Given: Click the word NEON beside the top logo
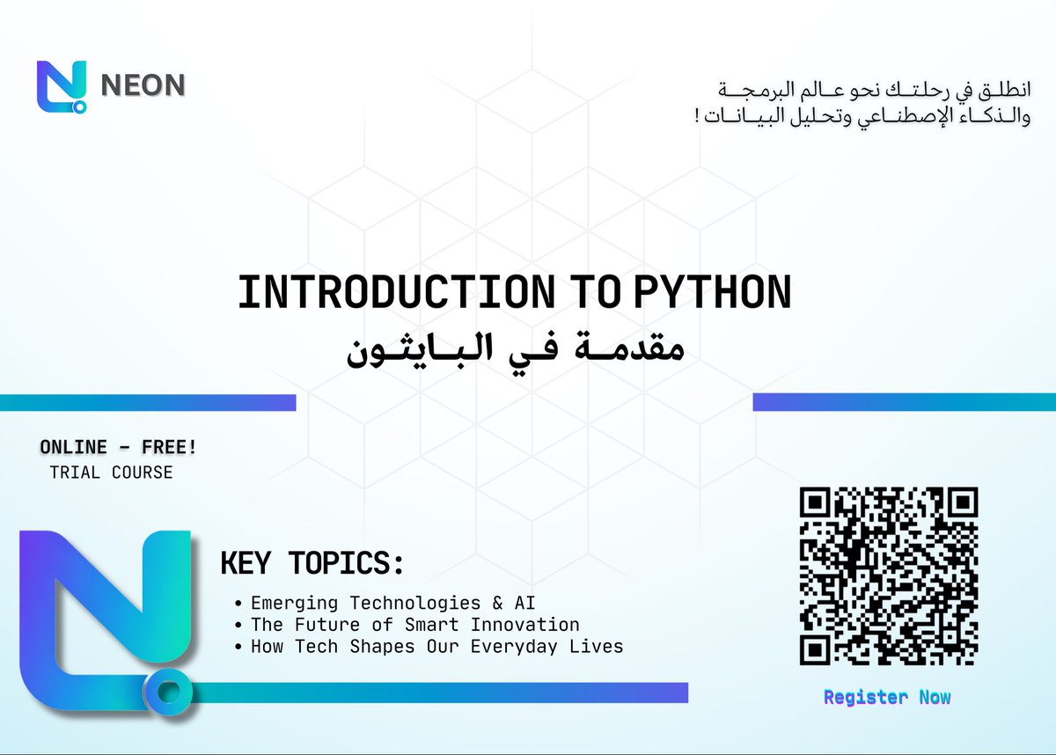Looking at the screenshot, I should pos(143,84).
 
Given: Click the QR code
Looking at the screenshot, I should pos(888,576).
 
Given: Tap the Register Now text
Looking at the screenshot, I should pos(887,697).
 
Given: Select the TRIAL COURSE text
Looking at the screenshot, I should pos(111,473).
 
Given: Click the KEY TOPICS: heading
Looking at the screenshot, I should pos(312,564).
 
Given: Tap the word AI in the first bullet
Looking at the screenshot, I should pos(524,603).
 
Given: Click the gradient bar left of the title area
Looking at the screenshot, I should pos(147,402).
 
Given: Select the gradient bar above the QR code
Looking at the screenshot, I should pos(904,402).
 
